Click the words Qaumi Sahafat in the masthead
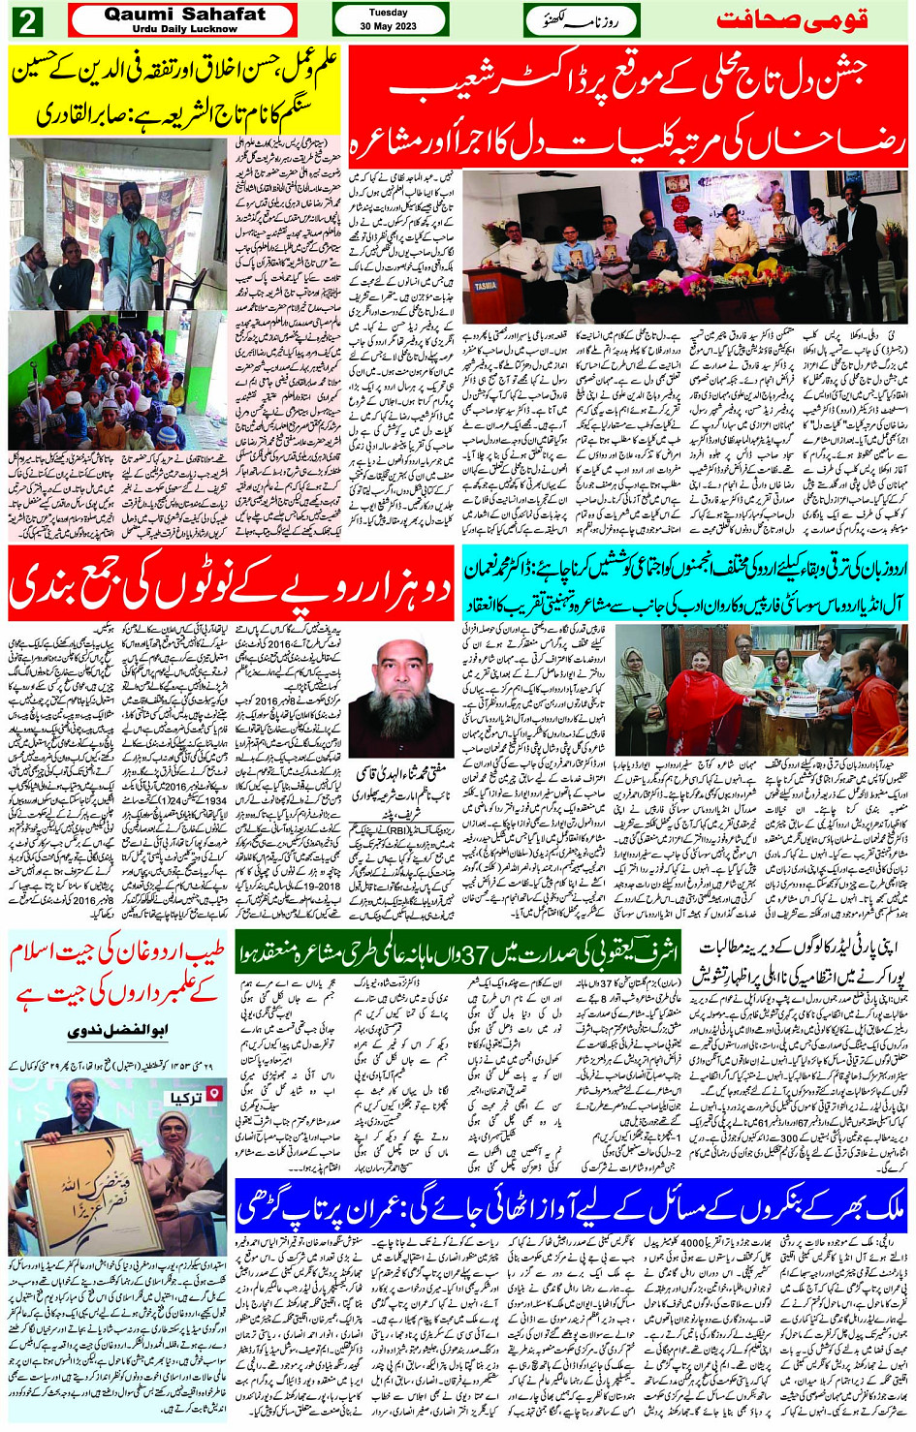click(x=184, y=15)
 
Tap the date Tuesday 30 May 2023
click(x=389, y=19)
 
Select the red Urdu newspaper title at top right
click(x=791, y=20)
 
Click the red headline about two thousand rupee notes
click(x=230, y=582)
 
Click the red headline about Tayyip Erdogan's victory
click(x=118, y=981)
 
